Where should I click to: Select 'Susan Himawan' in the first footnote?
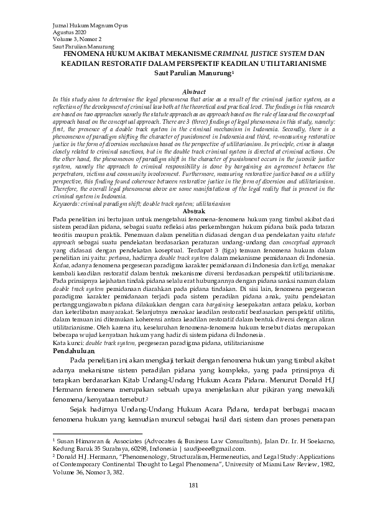tap(76, 440)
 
